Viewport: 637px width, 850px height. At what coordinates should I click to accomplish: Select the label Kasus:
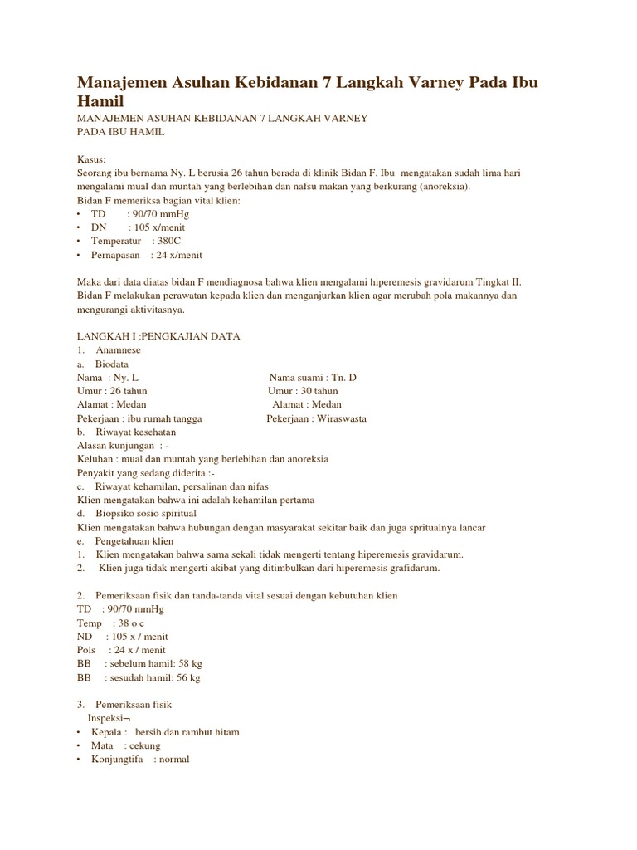pyautogui.click(x=91, y=159)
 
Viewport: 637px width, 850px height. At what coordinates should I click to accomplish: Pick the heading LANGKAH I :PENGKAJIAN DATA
pyautogui.click(x=158, y=336)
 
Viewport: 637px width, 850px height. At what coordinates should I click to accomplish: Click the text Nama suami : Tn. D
pyautogui.click(x=313, y=377)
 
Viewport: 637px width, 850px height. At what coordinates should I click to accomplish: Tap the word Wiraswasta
pyautogui.click(x=339, y=418)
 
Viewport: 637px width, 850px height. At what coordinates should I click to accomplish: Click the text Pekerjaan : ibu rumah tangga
pyautogui.click(x=139, y=418)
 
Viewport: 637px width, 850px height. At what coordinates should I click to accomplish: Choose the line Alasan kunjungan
pyautogui.click(x=123, y=445)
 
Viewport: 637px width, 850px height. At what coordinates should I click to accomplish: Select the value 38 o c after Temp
pyautogui.click(x=133, y=623)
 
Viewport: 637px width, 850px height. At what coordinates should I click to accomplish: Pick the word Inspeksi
pyautogui.click(x=107, y=717)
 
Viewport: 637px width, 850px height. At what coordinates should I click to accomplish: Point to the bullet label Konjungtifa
pyautogui.click(x=117, y=759)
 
